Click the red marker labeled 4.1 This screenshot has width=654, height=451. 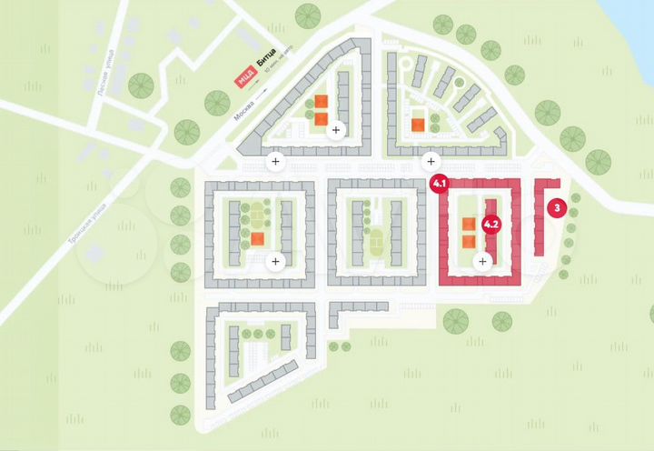441,185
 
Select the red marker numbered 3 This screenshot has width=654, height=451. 556,207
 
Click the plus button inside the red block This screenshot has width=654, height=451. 482,261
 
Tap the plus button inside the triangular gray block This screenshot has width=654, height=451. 336,130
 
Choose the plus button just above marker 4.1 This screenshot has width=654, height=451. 429,162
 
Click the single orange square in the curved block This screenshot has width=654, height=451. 417,125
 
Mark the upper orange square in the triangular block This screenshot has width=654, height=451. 321,103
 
